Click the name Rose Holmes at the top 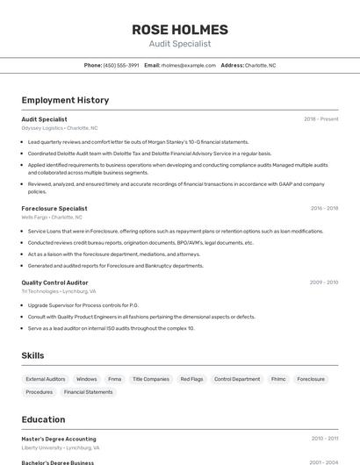pyautogui.click(x=180, y=29)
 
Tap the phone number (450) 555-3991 pyautogui.click(x=121, y=65)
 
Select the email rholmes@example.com pyautogui.click(x=188, y=65)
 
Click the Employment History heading pyautogui.click(x=65, y=100)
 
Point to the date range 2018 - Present pyautogui.click(x=320, y=118)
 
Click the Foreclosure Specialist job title pyautogui.click(x=54, y=208)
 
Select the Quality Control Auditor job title pyautogui.click(x=54, y=283)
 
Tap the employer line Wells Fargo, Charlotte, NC pyautogui.click(x=52, y=217)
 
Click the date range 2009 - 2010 pyautogui.click(x=323, y=283)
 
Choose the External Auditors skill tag pyautogui.click(x=46, y=379)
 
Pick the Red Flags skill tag pyautogui.click(x=191, y=379)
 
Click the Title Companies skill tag pyautogui.click(x=150, y=379)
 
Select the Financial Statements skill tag pyautogui.click(x=89, y=392)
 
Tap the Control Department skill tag pyautogui.click(x=237, y=379)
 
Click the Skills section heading pyautogui.click(x=33, y=355)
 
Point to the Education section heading pyautogui.click(x=43, y=419)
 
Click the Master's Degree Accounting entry pyautogui.click(x=59, y=439)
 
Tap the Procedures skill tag pyautogui.click(x=40, y=392)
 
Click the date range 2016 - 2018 pyautogui.click(x=324, y=208)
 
